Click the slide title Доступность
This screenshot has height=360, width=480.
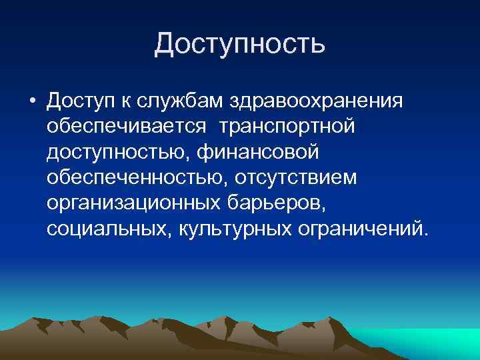click(240, 44)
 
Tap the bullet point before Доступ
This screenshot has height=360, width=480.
click(31, 101)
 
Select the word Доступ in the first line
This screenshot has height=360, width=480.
click(81, 101)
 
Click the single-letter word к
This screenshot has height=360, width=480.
click(126, 101)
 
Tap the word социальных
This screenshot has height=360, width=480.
click(107, 229)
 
